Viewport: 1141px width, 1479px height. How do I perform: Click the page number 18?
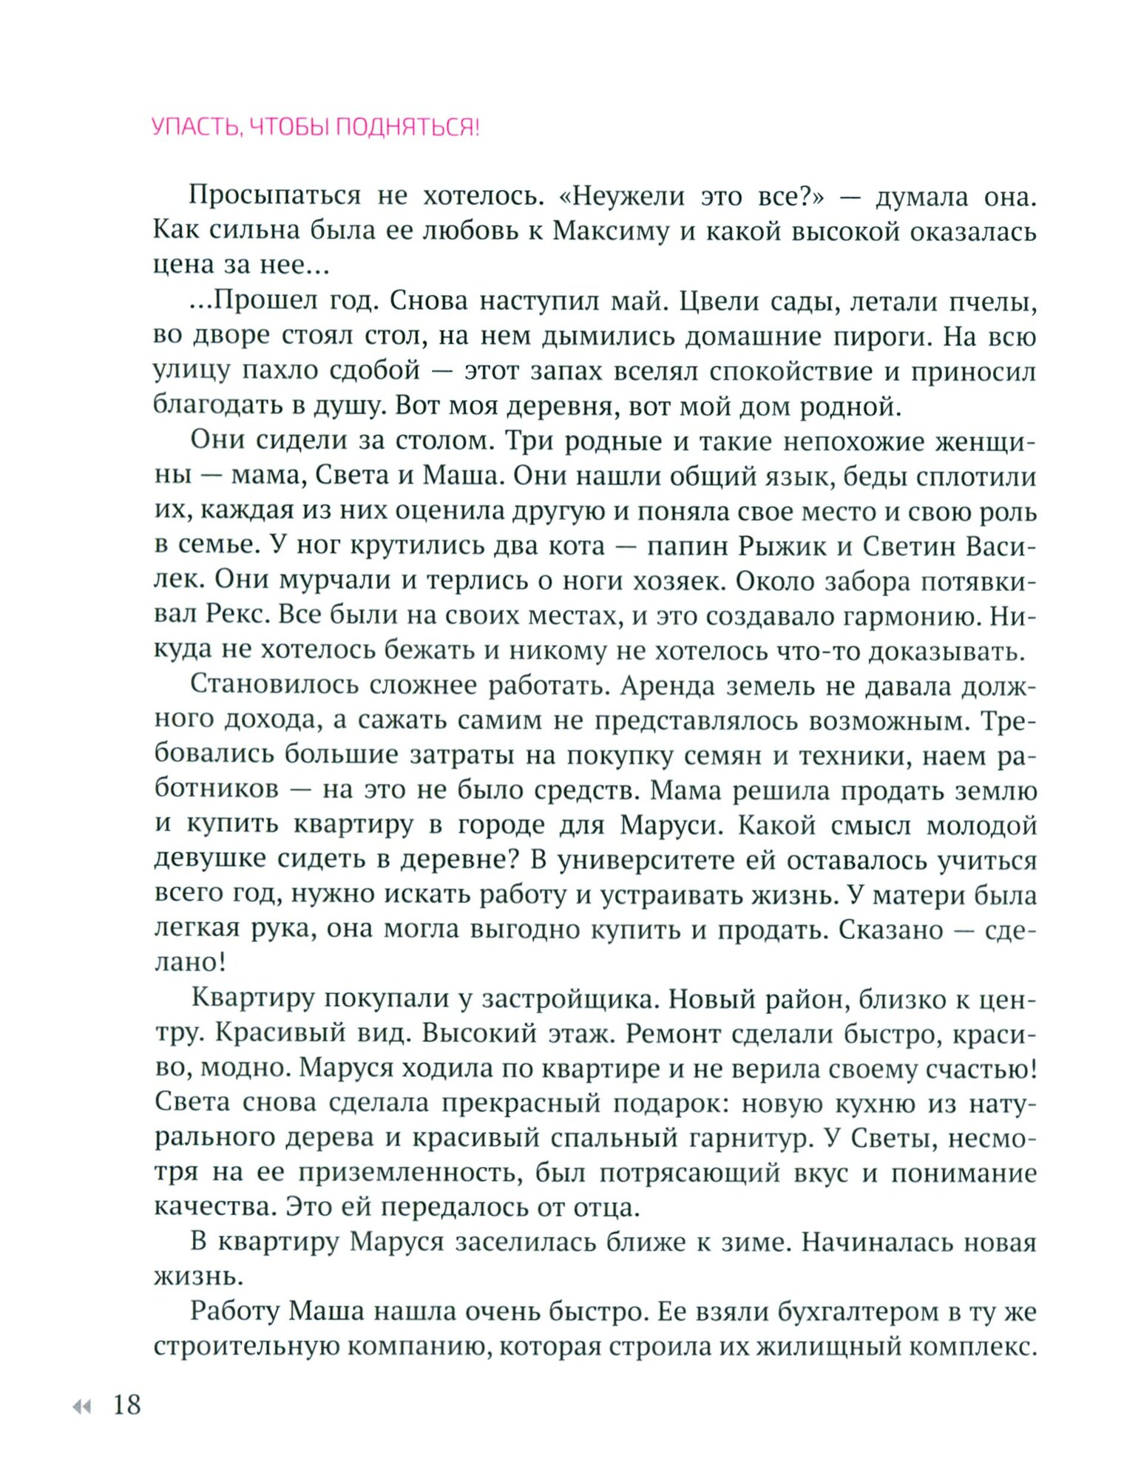[127, 1404]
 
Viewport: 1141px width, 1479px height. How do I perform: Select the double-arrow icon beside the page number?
[82, 1407]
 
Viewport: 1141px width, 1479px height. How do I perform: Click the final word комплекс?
[972, 1347]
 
